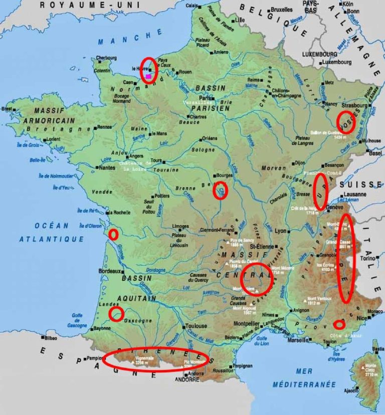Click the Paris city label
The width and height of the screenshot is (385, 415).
pos(204,98)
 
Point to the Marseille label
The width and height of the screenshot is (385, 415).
pos(298,340)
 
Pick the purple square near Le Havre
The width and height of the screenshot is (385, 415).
pos(148,76)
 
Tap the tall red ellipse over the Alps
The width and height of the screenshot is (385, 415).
pos(346,258)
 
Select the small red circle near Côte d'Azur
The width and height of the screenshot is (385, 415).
pos(339,324)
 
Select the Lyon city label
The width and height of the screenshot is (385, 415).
pos(281,231)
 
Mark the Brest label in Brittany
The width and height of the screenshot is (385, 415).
pos(8,109)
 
